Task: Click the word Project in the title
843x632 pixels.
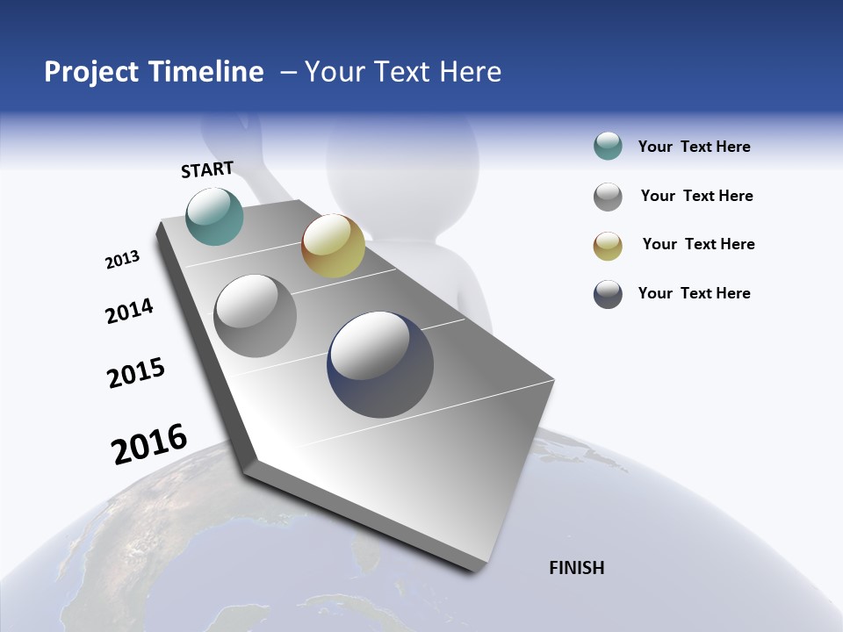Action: pos(92,72)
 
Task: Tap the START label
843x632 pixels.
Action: pos(207,169)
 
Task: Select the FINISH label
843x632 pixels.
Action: pos(577,568)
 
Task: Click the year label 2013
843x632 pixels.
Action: pos(122,260)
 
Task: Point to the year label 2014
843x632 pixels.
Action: pos(129,312)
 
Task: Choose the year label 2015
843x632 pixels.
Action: pos(136,373)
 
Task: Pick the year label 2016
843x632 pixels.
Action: pos(149,444)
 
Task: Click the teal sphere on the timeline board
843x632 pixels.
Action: pos(215,216)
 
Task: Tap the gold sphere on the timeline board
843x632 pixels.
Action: pos(333,246)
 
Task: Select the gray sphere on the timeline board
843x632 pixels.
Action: pos(256,316)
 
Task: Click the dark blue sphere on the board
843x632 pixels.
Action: pos(380,364)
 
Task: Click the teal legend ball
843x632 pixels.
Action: pos(608,147)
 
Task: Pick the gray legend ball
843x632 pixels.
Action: pos(608,197)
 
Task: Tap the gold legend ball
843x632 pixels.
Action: pos(608,246)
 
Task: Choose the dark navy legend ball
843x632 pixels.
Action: pos(608,294)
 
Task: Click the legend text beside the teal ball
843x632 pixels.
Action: pos(694,147)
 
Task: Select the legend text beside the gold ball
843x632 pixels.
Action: pos(698,244)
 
